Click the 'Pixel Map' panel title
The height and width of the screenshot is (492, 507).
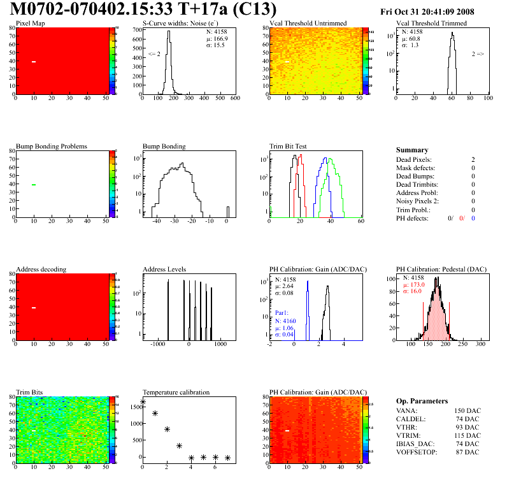(30, 24)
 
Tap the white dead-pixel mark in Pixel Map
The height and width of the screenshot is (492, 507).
(34, 62)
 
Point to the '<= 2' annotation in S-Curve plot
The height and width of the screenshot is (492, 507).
(154, 54)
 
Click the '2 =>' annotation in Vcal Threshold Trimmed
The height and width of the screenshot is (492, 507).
(478, 54)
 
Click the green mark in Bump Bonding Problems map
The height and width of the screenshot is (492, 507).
(34, 185)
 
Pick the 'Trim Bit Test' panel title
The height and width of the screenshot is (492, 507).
(289, 147)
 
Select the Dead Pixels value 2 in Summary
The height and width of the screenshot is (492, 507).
(473, 159)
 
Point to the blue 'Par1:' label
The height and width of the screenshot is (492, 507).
(283, 313)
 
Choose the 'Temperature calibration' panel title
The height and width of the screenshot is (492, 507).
(176, 393)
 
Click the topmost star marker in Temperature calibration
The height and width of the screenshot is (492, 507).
(143, 402)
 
